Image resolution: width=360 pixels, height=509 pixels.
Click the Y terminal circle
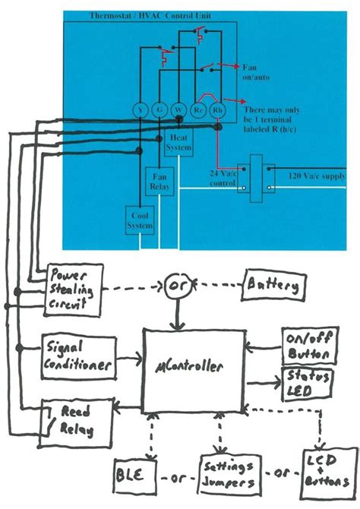coord(141,110)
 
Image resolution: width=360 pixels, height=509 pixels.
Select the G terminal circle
coord(159,110)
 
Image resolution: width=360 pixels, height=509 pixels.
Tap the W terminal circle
coord(177,110)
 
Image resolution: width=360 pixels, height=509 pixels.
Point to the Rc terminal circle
coord(199,110)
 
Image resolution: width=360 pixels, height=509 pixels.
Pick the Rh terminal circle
coord(217,110)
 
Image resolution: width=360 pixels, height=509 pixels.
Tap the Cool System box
coord(140,218)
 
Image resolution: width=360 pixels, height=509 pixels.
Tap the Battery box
coord(274,288)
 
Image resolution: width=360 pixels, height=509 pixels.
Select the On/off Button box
coord(308,346)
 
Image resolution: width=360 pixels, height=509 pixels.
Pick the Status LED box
coord(307,382)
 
